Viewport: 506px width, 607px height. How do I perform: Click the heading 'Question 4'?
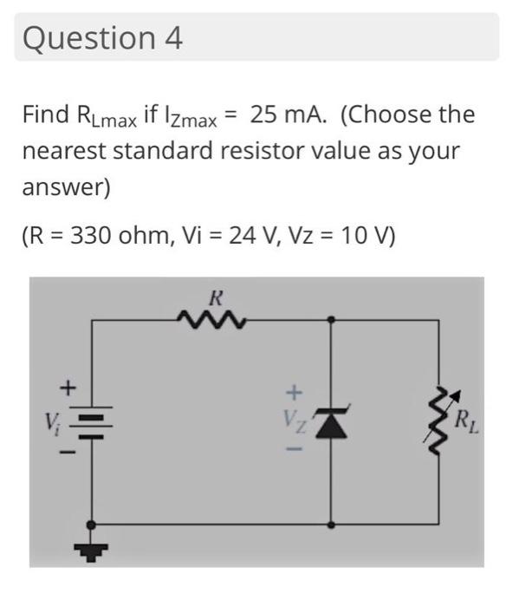point(103,38)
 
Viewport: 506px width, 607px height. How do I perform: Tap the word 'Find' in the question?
point(45,115)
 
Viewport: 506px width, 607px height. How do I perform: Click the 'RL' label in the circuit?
point(470,422)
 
